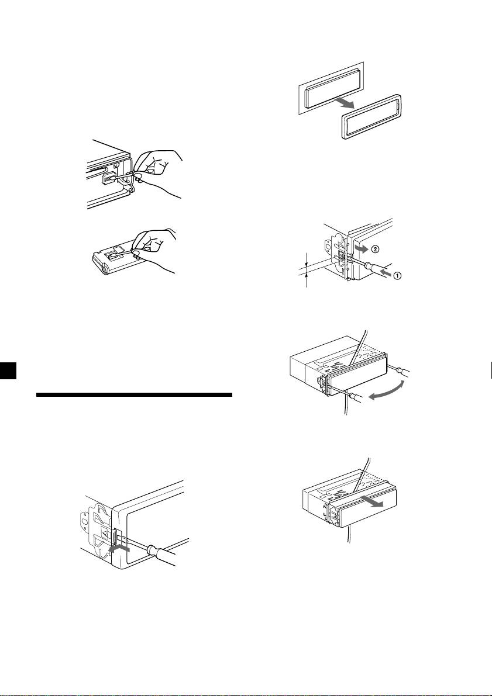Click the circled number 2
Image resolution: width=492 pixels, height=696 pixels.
[375, 250]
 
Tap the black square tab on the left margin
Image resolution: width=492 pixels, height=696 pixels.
[8, 370]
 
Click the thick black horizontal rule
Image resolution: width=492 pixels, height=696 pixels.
[134, 394]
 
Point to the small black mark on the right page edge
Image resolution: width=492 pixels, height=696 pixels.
[490, 370]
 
